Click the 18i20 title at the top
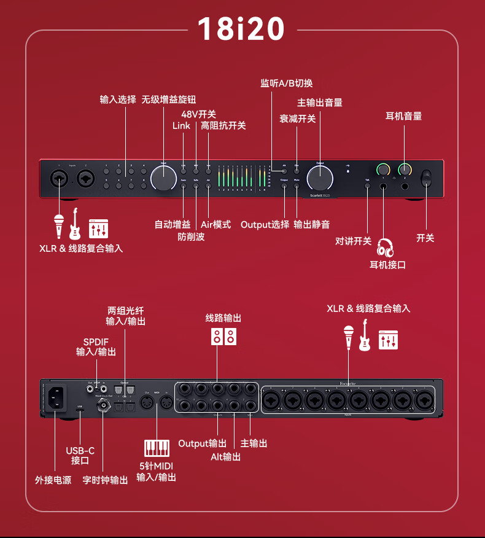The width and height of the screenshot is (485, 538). coord(241,29)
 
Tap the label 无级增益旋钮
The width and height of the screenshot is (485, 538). coord(169,99)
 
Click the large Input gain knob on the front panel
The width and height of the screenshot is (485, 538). coord(164,177)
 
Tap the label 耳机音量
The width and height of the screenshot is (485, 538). coord(403,115)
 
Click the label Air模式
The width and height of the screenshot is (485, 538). coord(215,224)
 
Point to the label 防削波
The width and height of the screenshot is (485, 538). coord(191,236)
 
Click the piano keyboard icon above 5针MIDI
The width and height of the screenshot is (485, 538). coord(156,447)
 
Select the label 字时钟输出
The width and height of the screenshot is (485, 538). coord(105,480)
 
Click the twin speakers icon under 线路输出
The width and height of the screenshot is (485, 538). coord(223,336)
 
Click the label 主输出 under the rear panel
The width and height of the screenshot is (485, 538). coord(254,443)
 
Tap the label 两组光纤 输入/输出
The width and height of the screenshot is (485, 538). coord(126,316)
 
